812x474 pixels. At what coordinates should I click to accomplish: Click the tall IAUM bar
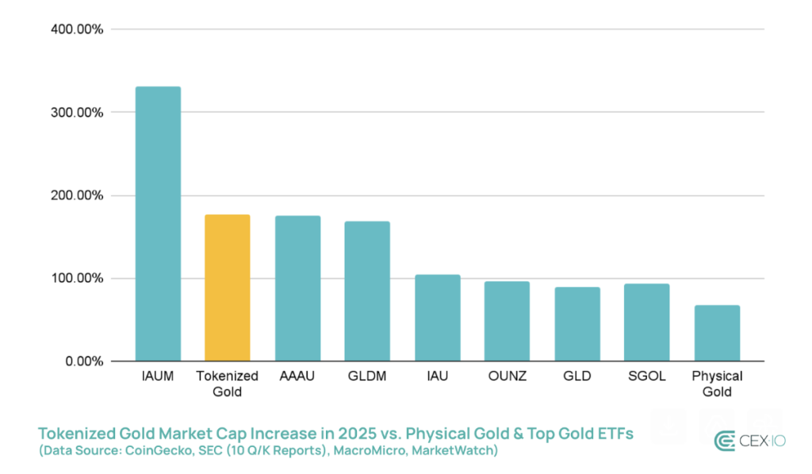coord(158,224)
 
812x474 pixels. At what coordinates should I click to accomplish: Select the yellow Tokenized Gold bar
coord(228,288)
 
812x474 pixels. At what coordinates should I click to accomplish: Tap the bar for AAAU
coord(297,289)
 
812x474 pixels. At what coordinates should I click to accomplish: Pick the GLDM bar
coord(367,291)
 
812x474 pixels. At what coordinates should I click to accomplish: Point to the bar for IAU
coord(437,318)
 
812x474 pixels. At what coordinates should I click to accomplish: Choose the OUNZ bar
coord(507,321)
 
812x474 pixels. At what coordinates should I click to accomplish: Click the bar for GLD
coord(576,324)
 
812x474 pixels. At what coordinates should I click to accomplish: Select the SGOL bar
coord(646,323)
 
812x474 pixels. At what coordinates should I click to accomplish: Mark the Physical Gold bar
coord(717,333)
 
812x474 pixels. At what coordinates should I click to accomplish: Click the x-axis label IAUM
coord(158,377)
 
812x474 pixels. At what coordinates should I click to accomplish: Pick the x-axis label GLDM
coord(367,377)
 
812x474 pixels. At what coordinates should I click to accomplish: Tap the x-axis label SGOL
coord(646,377)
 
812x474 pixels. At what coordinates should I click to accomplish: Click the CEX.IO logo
coord(749,441)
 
